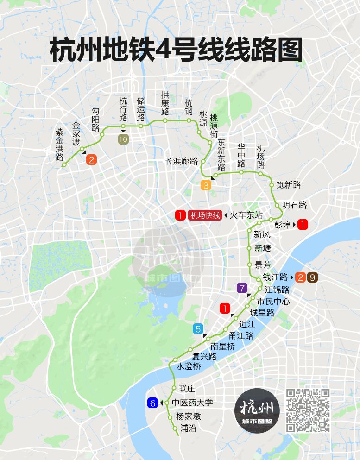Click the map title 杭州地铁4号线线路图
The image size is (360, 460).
pyautogui.click(x=176, y=50)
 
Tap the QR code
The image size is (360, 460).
pyautogui.click(x=308, y=410)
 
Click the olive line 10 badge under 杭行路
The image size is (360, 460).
pyautogui.click(x=123, y=139)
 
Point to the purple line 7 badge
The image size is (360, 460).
pyautogui.click(x=242, y=288)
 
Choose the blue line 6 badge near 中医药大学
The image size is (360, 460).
pyautogui.click(x=152, y=403)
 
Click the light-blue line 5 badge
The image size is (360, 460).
pyautogui.click(x=198, y=329)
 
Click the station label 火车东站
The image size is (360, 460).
pyautogui.click(x=246, y=215)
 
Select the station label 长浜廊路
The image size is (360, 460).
pyautogui.click(x=181, y=161)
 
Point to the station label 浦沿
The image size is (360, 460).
pyautogui.click(x=189, y=428)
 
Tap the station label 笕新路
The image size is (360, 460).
pyautogui.click(x=289, y=185)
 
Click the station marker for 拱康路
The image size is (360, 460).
pyautogui.click(x=165, y=120)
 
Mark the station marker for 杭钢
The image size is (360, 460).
pyautogui.click(x=189, y=120)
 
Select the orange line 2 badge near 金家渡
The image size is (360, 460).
pyautogui.click(x=92, y=160)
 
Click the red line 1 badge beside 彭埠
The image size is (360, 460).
pyautogui.click(x=303, y=225)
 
